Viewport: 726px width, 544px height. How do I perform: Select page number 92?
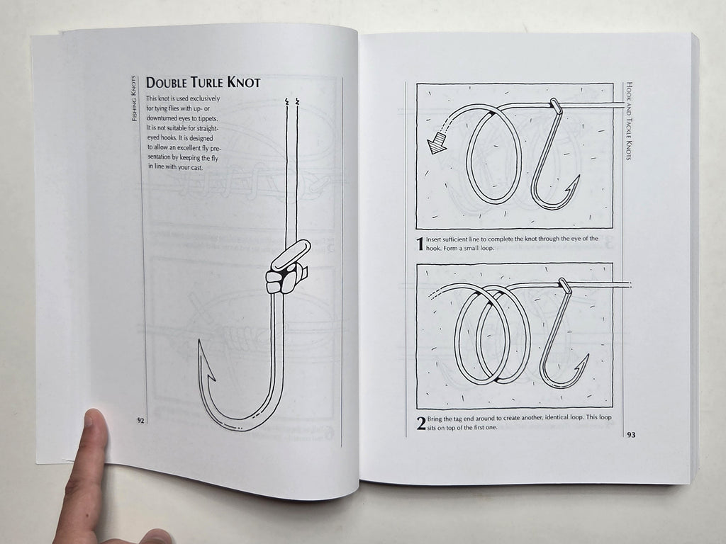(x=140, y=420)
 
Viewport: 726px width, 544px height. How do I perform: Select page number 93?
(x=630, y=434)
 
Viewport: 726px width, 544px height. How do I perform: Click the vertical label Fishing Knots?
(x=134, y=98)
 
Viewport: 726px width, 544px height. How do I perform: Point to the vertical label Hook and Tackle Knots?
(x=629, y=121)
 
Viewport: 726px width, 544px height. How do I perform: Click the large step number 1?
(x=420, y=244)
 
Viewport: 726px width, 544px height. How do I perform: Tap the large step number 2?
(x=421, y=423)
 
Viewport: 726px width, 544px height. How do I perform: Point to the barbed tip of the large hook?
(x=200, y=341)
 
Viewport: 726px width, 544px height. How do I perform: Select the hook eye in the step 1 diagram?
(x=556, y=106)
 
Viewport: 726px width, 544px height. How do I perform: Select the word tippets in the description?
(x=208, y=118)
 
